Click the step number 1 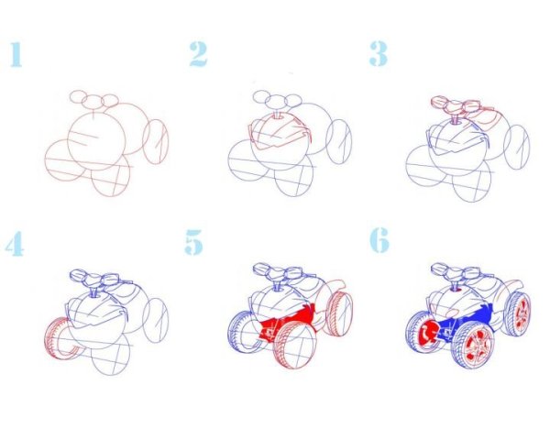click(x=14, y=54)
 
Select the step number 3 click(x=378, y=54)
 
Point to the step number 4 click(x=15, y=244)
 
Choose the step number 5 click(x=194, y=244)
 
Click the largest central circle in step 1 click(x=96, y=137)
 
